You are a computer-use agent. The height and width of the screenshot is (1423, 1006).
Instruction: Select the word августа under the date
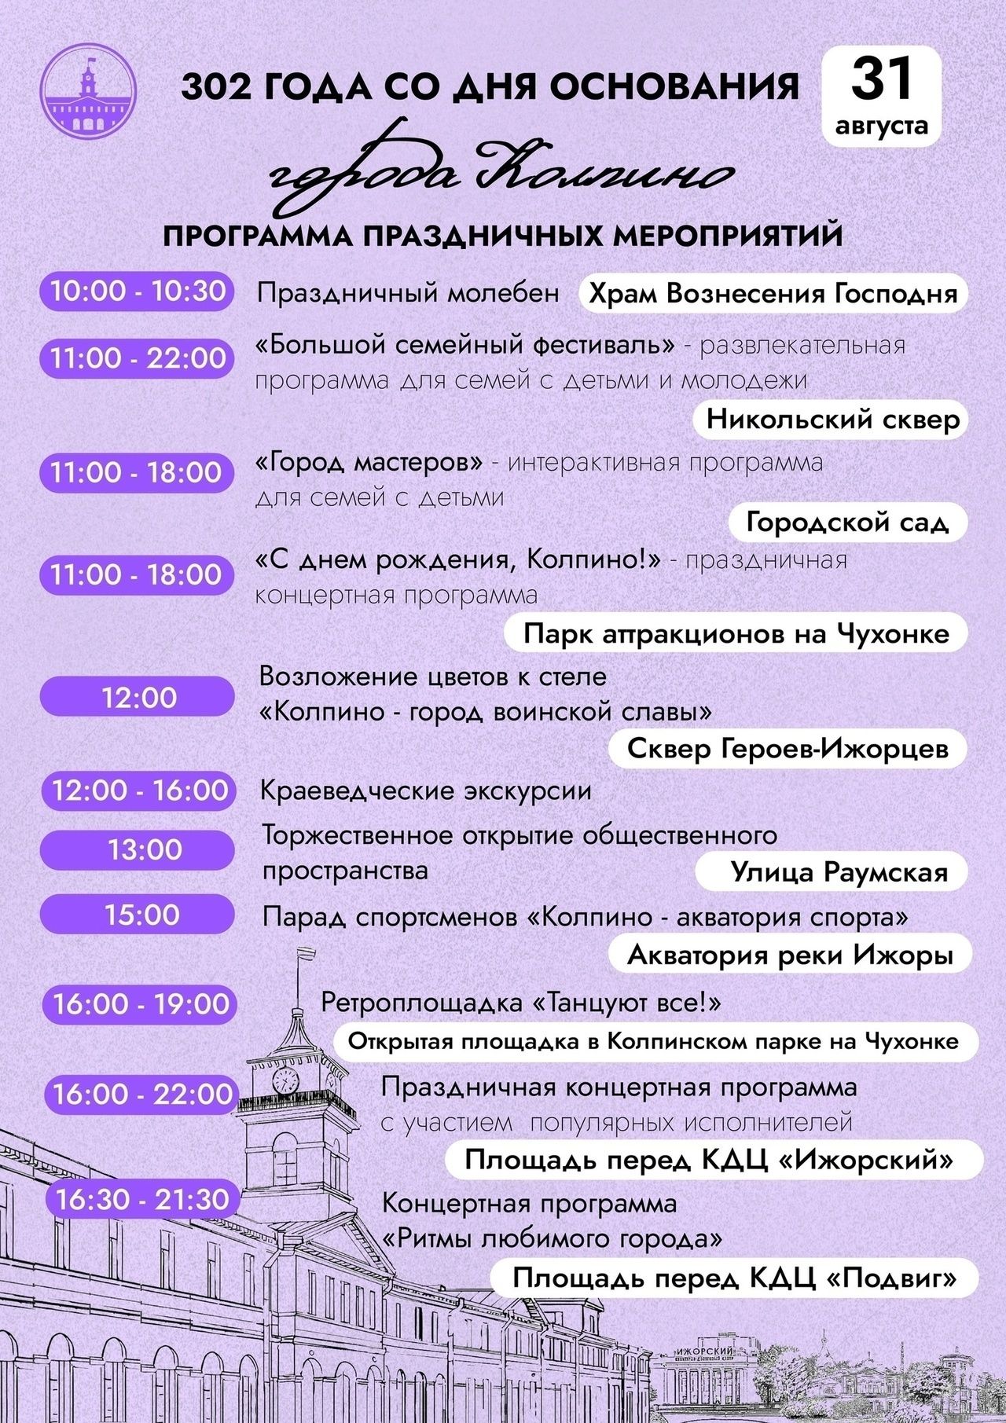tap(882, 126)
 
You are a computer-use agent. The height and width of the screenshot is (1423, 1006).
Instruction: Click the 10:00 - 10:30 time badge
tap(138, 291)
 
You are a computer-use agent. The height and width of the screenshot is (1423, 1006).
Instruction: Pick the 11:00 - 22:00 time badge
tap(138, 358)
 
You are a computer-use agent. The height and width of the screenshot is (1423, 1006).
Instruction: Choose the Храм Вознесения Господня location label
tap(773, 294)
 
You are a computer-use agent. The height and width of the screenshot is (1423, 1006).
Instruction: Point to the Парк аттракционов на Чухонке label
tap(736, 633)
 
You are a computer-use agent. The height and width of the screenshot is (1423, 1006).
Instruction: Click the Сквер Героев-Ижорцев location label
tap(788, 749)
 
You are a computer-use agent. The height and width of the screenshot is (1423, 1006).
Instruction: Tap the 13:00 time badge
tap(138, 849)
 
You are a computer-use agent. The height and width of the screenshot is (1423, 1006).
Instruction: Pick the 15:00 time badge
tap(138, 915)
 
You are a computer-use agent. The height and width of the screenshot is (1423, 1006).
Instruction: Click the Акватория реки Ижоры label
tap(790, 955)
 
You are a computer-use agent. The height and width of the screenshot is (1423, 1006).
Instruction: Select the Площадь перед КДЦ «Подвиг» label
tap(734, 1278)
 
